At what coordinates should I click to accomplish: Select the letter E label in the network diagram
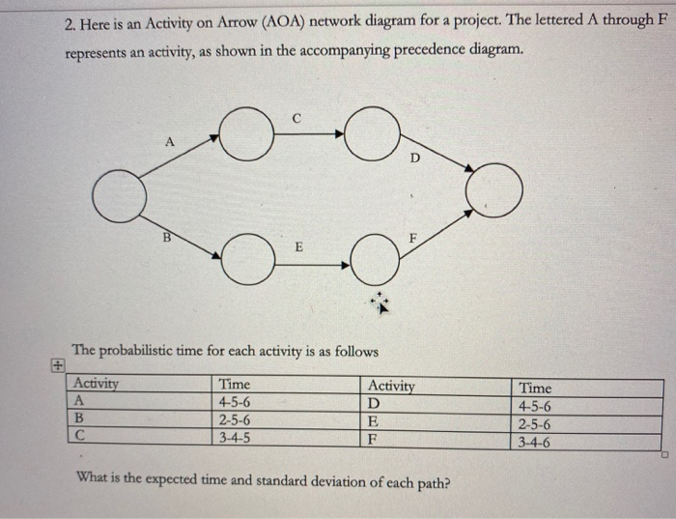pos(298,248)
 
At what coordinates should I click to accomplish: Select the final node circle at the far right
pos(495,187)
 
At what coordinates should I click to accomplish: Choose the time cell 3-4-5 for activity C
pos(236,436)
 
